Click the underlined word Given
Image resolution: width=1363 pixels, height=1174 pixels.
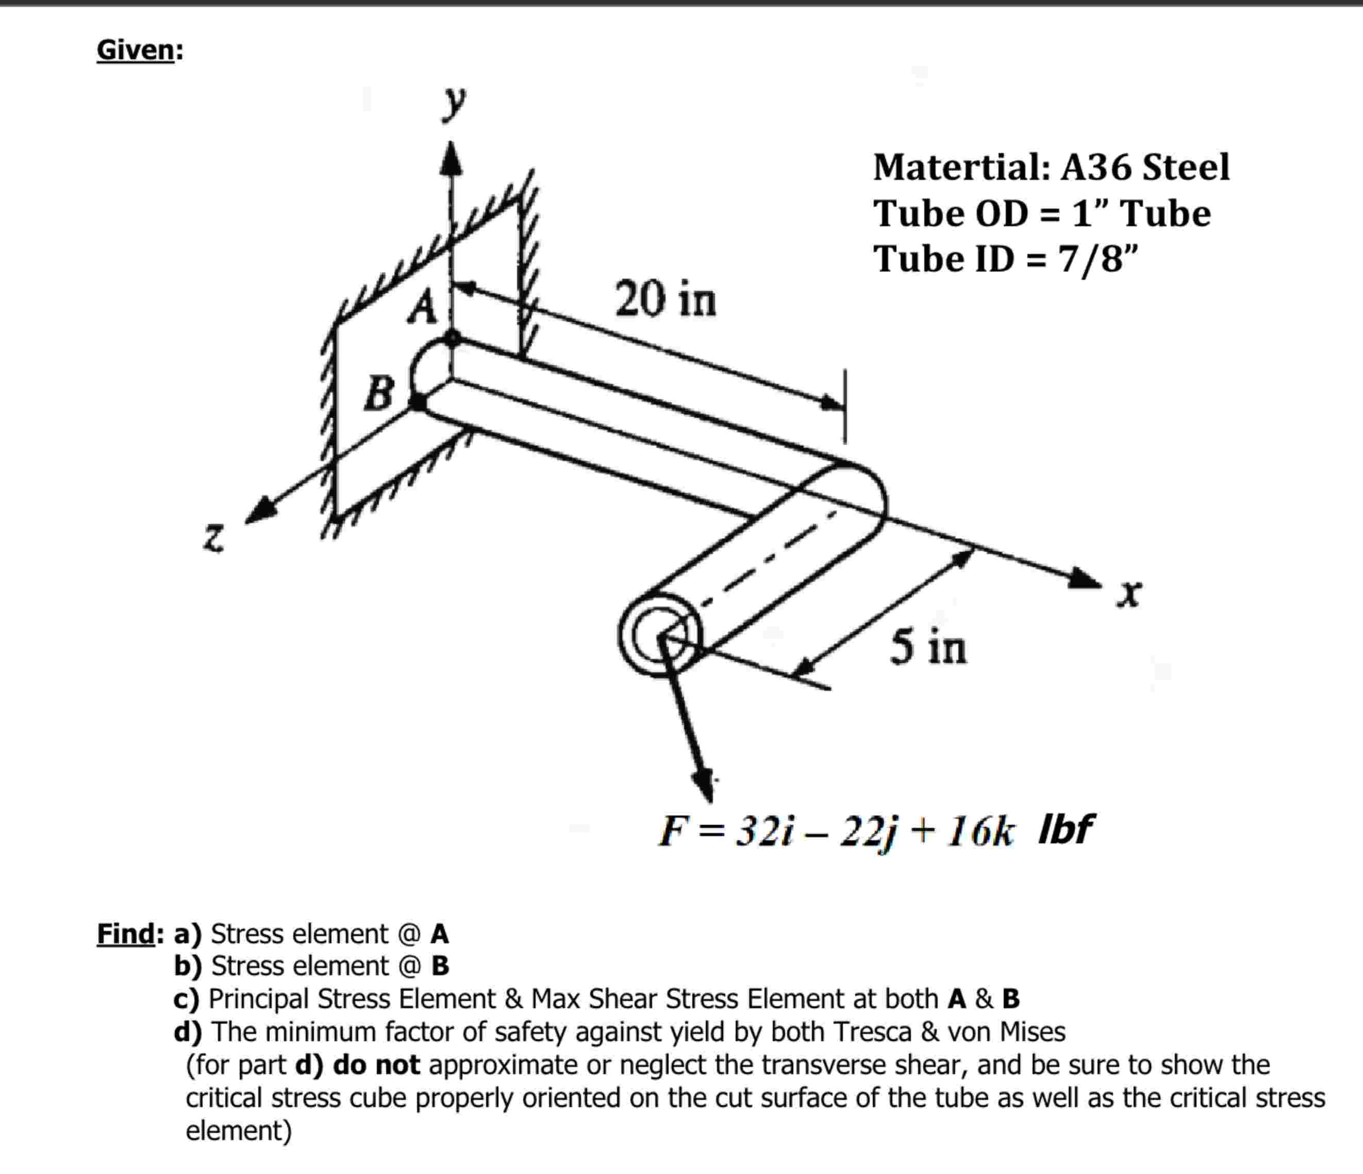[136, 50]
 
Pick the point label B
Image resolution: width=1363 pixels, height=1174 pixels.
[379, 393]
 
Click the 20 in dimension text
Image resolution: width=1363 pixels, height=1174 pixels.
[665, 300]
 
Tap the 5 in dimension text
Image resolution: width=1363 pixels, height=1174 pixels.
[928, 647]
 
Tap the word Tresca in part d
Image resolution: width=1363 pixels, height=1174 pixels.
[872, 1032]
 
